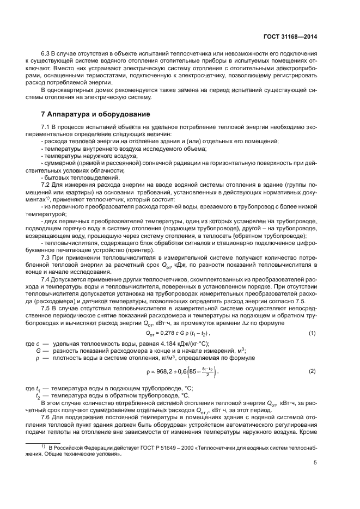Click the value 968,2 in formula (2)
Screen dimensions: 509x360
(164, 372)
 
